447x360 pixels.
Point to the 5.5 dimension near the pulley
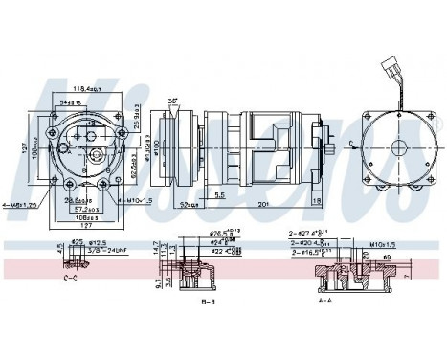[219, 194]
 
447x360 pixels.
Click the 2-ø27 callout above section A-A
[306, 232]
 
